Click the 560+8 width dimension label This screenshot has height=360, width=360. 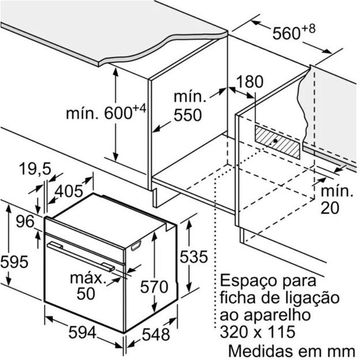[294, 32]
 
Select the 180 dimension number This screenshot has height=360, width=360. [249, 82]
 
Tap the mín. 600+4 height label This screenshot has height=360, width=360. [106, 112]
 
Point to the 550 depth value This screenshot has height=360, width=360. [188, 115]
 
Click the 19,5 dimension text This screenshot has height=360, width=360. [35, 169]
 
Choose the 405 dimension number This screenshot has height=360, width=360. [69, 191]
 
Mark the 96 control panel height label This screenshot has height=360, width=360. [25, 222]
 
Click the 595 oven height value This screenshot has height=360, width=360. [14, 262]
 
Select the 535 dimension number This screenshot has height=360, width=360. [194, 256]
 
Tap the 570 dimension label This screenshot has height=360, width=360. [154, 287]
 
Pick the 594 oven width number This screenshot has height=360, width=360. [82, 332]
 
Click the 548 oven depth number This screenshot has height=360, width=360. [156, 334]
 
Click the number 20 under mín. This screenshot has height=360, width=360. [329, 208]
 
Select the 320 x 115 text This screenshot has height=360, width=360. [257, 332]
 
